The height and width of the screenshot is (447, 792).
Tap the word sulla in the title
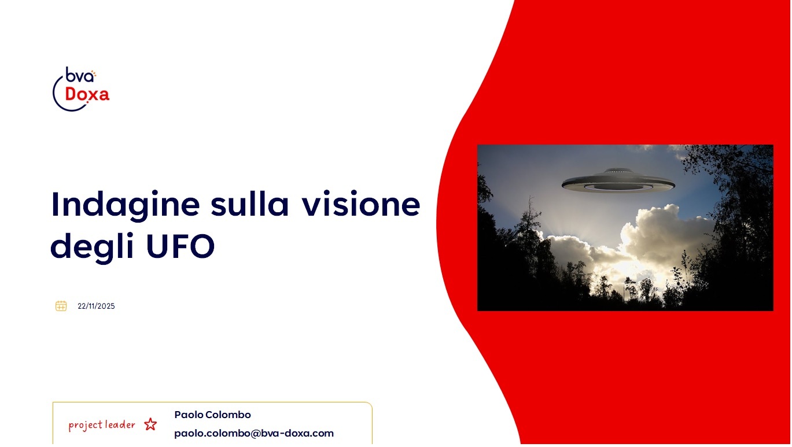pos(249,204)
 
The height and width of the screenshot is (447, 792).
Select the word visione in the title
pos(360,204)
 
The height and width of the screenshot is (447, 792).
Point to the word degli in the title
pos(93,247)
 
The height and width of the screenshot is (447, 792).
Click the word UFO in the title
pos(180,246)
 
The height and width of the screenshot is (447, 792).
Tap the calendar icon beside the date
pos(61,306)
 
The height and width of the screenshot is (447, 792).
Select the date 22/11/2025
pos(96,306)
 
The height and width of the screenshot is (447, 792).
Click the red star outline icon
pos(150,424)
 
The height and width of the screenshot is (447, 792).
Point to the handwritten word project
pos(86,425)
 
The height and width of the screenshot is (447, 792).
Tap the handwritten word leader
pos(120,424)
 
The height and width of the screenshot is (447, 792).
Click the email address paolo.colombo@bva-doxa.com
pos(254,433)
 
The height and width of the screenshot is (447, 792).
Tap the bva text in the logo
pos(79,75)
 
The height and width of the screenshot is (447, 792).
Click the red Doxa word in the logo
pos(87,94)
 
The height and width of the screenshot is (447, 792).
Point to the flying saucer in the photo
pos(618,181)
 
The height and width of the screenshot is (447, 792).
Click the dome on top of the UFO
pos(618,171)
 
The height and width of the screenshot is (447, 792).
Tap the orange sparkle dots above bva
pos(94,74)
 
